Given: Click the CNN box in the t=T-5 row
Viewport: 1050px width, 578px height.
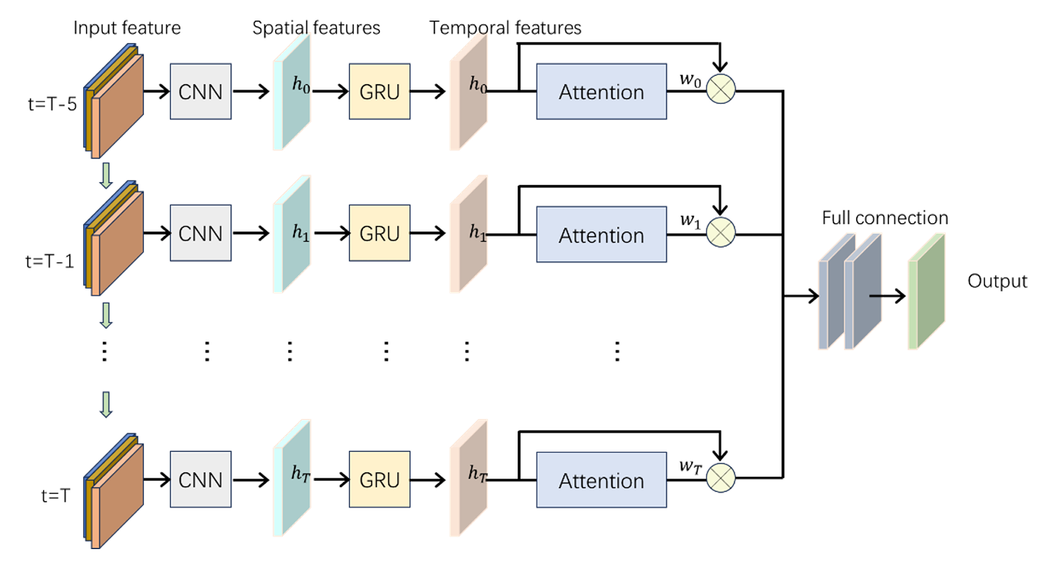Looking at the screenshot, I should [x=200, y=92].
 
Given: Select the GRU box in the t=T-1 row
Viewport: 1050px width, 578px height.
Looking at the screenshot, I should [x=379, y=234].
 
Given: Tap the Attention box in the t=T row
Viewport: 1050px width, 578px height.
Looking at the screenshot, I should [x=601, y=481].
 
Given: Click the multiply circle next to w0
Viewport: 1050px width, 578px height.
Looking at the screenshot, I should [x=720, y=90].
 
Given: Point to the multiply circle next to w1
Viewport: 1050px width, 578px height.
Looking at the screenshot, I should [x=720, y=232].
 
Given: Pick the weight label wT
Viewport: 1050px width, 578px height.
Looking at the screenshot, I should [x=690, y=466].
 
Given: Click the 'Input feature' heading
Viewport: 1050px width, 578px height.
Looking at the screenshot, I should [x=127, y=28].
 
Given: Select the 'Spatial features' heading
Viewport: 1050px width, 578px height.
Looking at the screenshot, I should [x=316, y=28].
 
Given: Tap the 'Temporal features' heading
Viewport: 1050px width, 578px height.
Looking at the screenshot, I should [x=505, y=28].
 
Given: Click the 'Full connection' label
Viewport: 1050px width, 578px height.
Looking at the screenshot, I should [x=884, y=218].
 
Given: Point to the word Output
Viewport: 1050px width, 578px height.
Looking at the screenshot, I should [x=996, y=281].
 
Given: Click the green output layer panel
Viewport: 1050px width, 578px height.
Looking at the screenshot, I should [x=926, y=291].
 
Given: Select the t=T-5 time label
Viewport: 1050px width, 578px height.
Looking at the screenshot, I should [x=52, y=104].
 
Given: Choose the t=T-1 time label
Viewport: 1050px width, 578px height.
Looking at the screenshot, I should [x=49, y=262].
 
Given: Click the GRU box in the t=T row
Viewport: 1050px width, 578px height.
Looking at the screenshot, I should [x=379, y=480].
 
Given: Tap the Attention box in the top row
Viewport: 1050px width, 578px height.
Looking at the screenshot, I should [x=601, y=92].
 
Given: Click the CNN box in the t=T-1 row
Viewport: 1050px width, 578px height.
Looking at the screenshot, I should [x=200, y=234].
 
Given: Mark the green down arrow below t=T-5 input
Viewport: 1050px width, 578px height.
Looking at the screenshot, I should [x=106, y=176].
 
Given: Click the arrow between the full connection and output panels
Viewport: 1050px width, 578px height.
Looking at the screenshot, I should [x=887, y=296].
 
